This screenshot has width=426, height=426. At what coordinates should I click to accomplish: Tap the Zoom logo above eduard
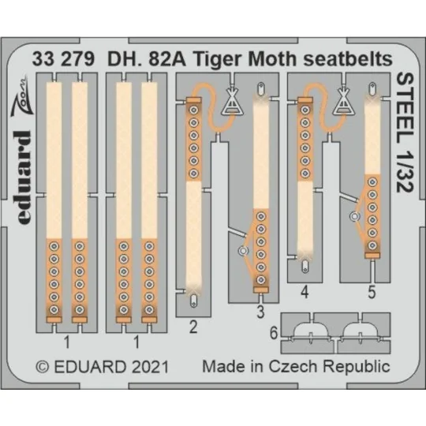24,100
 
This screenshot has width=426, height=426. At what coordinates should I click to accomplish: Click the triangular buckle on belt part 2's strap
233,103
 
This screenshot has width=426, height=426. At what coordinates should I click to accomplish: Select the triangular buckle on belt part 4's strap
344,103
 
